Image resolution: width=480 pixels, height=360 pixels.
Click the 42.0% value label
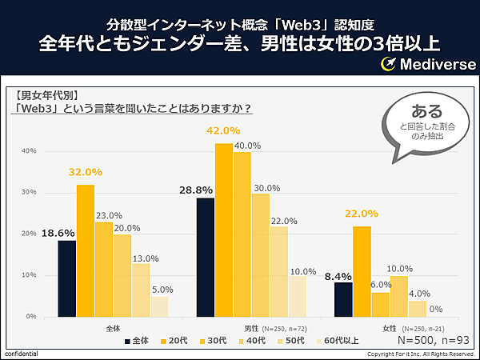(x=224, y=131)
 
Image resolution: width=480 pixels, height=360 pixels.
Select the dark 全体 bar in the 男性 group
(x=205, y=257)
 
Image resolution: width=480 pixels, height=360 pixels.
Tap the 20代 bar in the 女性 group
(x=362, y=271)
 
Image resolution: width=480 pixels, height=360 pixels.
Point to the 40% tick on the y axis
(x=29, y=150)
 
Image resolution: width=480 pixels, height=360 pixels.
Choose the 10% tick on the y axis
(x=29, y=275)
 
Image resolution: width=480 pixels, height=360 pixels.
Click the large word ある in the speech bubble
(x=425, y=110)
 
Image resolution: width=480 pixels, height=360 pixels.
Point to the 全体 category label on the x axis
(x=114, y=328)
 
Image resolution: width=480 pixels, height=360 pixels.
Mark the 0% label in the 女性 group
(x=437, y=309)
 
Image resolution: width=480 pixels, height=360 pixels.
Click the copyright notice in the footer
(x=421, y=354)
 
